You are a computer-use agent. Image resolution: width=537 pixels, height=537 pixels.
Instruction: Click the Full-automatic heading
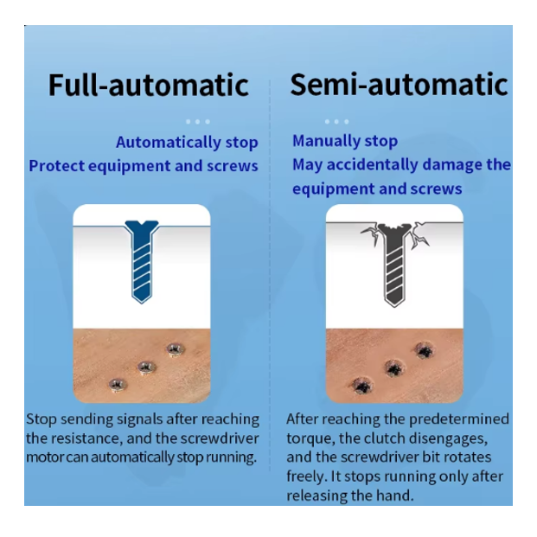tap(148, 85)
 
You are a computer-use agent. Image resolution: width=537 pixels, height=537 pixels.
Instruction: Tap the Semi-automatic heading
tap(399, 84)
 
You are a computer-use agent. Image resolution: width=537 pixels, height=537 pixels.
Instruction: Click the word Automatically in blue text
tap(168, 143)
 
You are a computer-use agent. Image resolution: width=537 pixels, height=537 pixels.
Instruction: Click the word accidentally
tap(373, 164)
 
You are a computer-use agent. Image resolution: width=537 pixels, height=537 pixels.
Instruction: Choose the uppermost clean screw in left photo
tap(176, 350)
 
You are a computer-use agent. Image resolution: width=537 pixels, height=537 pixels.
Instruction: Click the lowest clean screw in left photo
tap(118, 385)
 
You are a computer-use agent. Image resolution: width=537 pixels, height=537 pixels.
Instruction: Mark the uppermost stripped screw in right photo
tap(425, 350)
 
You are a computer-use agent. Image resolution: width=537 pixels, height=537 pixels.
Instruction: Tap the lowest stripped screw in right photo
tap(362, 386)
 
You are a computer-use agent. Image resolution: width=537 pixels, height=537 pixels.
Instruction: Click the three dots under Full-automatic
tap(198, 122)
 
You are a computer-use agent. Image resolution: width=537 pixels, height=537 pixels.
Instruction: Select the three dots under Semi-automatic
tap(337, 122)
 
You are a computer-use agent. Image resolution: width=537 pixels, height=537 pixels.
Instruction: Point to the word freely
tap(307, 476)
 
